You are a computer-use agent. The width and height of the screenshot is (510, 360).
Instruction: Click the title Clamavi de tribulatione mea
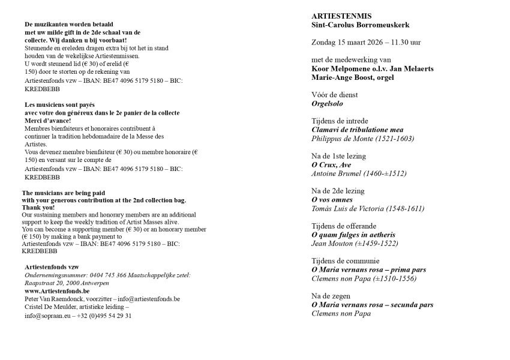tap(358, 130)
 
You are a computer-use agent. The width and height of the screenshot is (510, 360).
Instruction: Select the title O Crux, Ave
tap(331, 164)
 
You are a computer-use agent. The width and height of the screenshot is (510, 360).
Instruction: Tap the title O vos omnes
tap(332, 199)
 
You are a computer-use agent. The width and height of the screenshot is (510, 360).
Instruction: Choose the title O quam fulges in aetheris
tap(353, 235)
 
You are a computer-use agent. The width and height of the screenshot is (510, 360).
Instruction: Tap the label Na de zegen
tap(331, 296)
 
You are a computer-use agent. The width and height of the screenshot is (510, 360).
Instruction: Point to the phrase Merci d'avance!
tap(46, 120)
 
